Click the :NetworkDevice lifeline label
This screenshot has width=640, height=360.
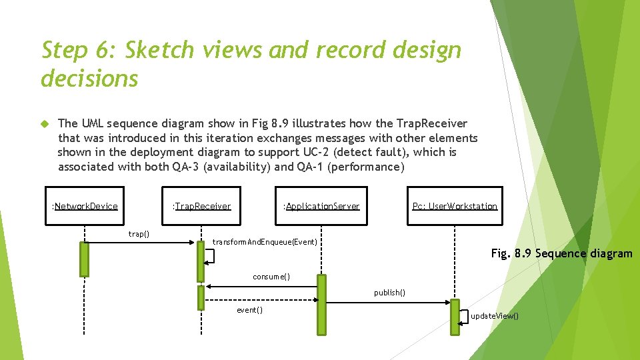85,206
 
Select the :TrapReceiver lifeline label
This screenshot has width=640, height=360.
202,206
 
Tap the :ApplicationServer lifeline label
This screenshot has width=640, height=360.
322,206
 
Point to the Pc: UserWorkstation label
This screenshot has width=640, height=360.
455,206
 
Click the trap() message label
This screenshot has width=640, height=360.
139,234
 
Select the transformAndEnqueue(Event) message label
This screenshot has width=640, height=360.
265,241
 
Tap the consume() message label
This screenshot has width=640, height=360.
271,277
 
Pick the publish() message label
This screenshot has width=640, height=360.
389,293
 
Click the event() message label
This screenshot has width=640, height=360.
250,310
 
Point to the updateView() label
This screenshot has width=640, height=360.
495,316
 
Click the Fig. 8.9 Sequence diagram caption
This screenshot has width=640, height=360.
561,253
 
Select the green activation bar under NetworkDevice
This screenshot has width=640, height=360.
84,259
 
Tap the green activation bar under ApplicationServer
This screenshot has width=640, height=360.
322,304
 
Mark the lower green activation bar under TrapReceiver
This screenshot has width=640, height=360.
201,298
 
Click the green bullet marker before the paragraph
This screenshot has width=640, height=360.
45,124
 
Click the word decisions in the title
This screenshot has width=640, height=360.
89,79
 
